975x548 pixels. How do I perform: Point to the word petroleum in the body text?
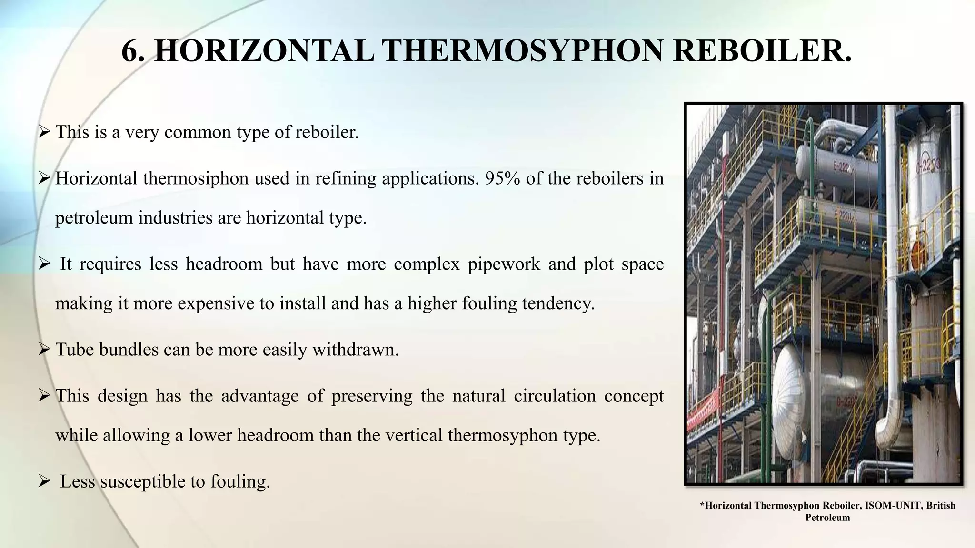pyautogui.click(x=93, y=218)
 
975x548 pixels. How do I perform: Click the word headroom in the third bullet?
pyautogui.click(x=224, y=264)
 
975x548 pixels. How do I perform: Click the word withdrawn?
pyautogui.click(x=355, y=350)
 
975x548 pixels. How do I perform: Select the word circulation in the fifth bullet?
pyautogui.click(x=554, y=396)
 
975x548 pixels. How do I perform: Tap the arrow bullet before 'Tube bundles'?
pyautogui.click(x=44, y=350)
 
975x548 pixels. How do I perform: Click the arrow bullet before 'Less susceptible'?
pyautogui.click(x=44, y=482)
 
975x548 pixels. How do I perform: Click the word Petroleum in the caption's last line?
pyautogui.click(x=827, y=518)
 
